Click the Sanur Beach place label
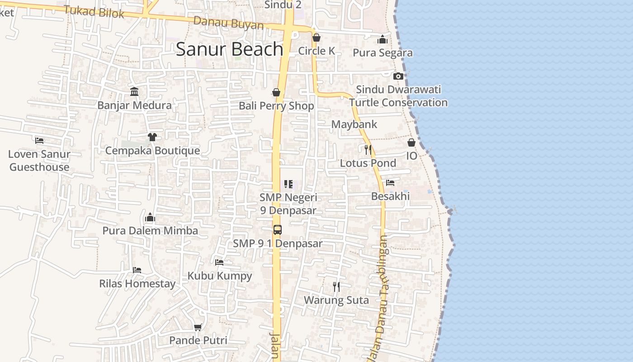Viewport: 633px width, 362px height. pos(229,49)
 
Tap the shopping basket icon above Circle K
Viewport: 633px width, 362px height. pos(316,38)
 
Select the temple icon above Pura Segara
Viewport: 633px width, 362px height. pos(383,40)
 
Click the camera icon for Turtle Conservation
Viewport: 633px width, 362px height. pos(398,76)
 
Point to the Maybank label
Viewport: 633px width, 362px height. pos(354,124)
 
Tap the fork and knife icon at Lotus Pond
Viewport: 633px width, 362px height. pos(368,149)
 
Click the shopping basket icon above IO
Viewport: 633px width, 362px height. pos(411,143)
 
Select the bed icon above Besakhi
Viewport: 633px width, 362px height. pos(390,183)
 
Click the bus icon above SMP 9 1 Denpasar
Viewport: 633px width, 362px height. pos(278,230)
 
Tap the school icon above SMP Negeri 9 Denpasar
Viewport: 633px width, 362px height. pos(288,184)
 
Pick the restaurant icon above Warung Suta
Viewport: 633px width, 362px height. pos(336,286)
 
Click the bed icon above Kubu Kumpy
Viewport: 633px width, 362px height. pos(219,262)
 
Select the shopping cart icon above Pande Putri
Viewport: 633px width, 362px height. pos(198,327)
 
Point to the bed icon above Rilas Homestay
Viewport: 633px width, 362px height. pos(137,270)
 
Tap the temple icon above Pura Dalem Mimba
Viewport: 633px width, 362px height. pos(150,218)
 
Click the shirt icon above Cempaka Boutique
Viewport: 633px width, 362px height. pos(152,137)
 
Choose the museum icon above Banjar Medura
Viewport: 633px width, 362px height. pos(134,92)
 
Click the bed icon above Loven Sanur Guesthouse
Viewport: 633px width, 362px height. pos(39,141)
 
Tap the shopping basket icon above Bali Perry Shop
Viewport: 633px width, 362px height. pos(276,93)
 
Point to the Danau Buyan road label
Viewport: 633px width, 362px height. pos(228,23)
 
